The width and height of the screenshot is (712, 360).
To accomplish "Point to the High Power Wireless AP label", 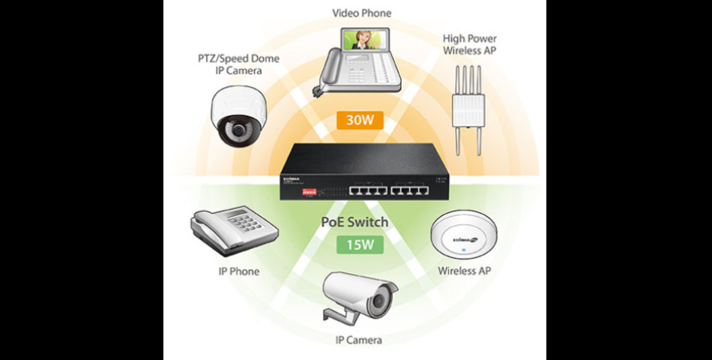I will pos(470,44).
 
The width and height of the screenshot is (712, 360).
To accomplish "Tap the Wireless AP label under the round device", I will pos(465,270).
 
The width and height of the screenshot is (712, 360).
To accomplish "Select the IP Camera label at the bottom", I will pos(358,340).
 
